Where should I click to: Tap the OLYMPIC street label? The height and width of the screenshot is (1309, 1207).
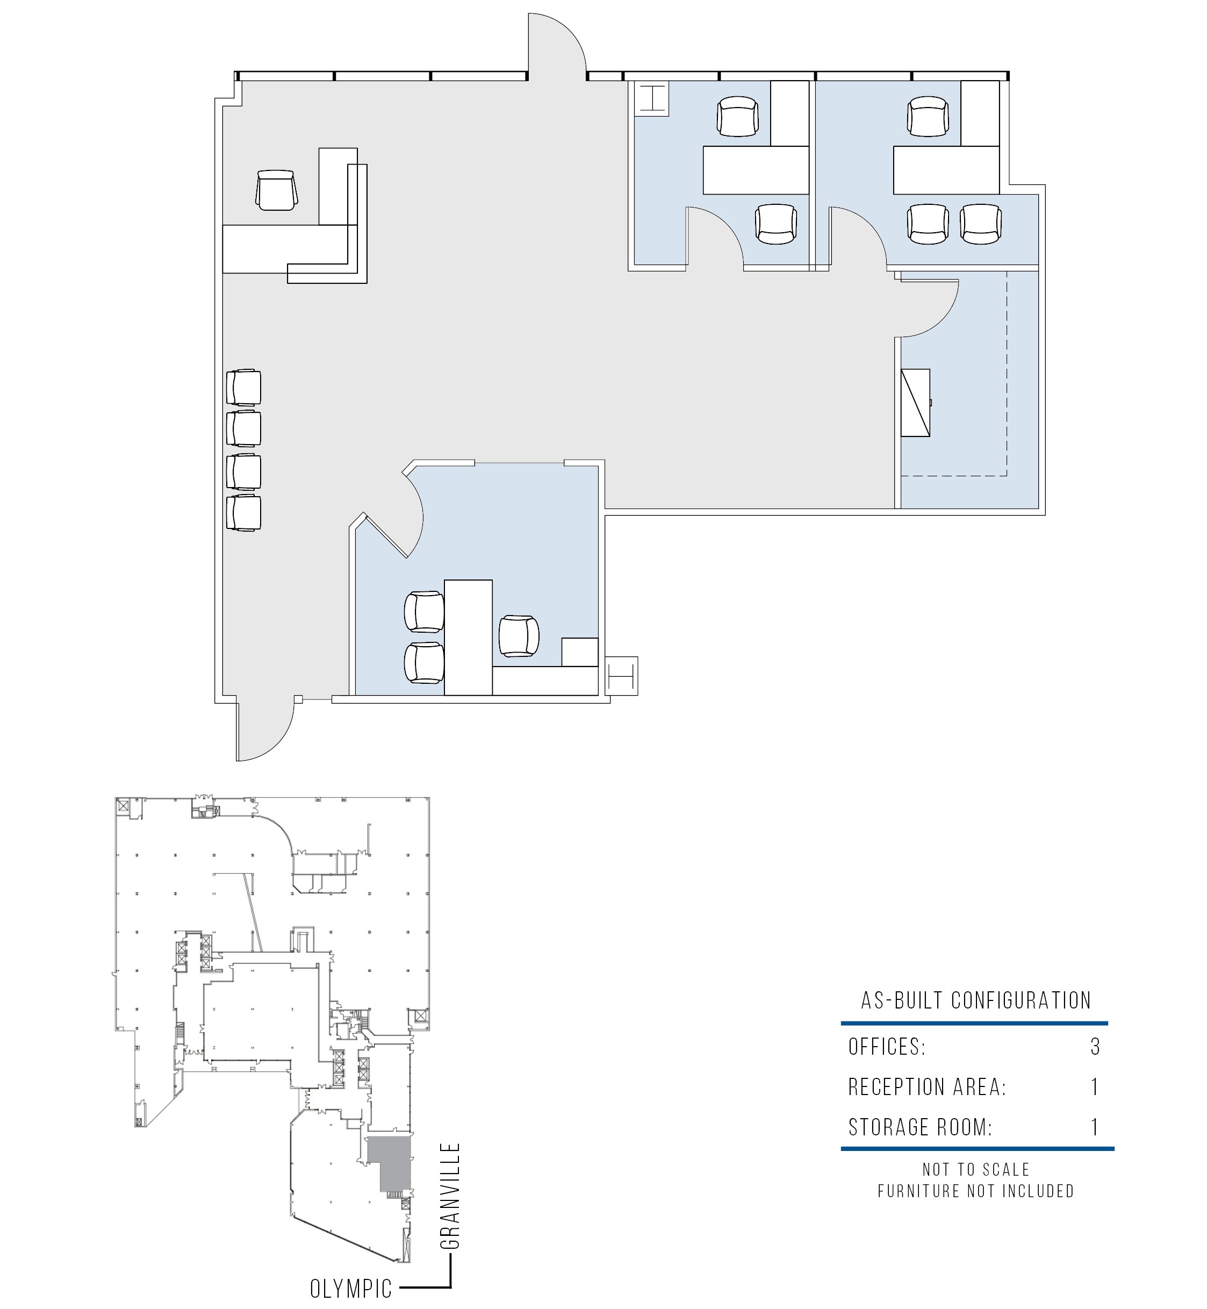point(351,1288)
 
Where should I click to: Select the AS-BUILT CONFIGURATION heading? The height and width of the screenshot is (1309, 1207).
point(976,1000)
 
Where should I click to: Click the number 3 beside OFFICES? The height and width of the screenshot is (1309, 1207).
point(1095,1047)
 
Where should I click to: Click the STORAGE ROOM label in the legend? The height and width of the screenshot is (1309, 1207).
point(920,1127)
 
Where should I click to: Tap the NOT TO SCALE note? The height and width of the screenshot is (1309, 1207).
point(976,1169)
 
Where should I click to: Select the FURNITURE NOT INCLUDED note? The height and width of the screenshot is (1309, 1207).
point(976,1191)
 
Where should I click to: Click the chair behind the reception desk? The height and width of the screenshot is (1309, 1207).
point(277,190)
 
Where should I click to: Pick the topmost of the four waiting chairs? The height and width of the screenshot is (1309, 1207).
point(243,388)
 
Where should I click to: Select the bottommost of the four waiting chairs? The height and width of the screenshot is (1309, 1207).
point(243,513)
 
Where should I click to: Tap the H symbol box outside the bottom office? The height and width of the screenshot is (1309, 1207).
point(621,676)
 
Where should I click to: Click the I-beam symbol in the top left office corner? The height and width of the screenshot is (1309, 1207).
point(652,98)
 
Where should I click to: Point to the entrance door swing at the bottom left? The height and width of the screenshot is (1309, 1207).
point(265,732)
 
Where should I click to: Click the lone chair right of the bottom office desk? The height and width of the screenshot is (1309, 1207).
point(519,635)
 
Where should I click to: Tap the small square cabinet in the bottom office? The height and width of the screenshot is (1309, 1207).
point(580,652)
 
